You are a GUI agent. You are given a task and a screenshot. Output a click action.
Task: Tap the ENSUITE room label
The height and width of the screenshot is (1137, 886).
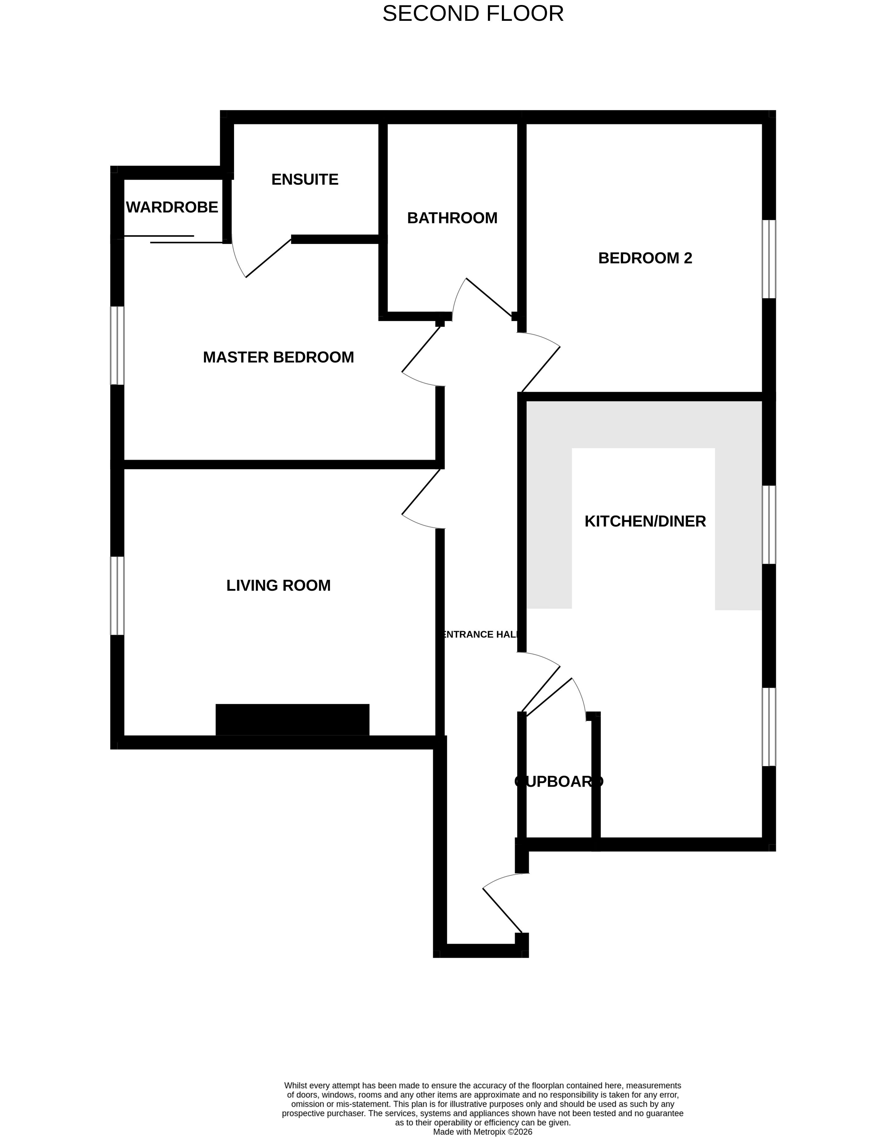click(x=305, y=180)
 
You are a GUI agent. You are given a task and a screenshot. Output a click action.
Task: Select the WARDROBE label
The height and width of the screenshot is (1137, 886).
click(x=172, y=207)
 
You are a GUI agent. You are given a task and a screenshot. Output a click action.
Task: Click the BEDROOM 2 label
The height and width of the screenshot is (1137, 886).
click(x=645, y=258)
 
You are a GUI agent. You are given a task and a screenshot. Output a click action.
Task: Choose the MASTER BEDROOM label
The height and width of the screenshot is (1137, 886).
click(x=278, y=357)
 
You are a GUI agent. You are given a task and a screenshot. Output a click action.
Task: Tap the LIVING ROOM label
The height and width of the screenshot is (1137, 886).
click(x=278, y=586)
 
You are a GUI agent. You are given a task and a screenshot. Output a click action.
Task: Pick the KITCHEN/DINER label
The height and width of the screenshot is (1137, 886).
click(x=645, y=521)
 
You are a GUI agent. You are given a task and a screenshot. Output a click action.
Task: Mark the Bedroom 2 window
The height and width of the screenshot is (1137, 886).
click(x=769, y=259)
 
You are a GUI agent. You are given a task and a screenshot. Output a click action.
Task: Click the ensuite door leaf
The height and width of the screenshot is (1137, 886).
click(x=268, y=258)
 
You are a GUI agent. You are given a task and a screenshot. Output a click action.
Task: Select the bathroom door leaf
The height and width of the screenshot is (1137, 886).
click(x=489, y=297)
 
